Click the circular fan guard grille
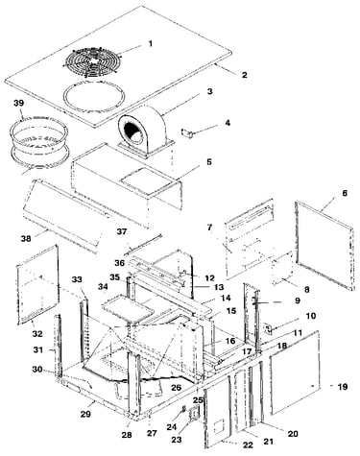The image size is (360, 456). (x=93, y=61)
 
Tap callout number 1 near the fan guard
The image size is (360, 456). (x=151, y=43)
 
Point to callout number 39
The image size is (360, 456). (x=19, y=103)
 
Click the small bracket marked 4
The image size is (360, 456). (x=187, y=133)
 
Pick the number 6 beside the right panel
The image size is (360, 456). (x=345, y=193)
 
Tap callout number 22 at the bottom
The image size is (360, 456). (x=248, y=444)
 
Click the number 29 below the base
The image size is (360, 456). (x=85, y=414)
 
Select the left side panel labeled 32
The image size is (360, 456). (x=37, y=283)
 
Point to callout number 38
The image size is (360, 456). (x=26, y=238)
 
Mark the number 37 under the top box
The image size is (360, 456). (x=122, y=231)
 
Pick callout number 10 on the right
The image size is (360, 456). (x=311, y=316)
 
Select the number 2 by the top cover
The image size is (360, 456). (x=244, y=75)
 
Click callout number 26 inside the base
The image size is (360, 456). (x=176, y=388)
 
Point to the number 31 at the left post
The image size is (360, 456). (x=38, y=350)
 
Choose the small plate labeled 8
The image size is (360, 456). (x=282, y=268)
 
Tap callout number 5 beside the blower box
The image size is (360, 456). (x=209, y=162)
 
